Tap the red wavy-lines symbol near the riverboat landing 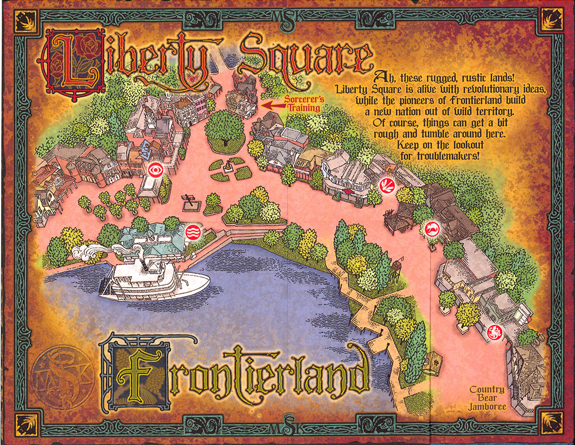193,231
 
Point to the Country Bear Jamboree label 487,398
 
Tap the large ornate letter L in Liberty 71,61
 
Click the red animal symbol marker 432,228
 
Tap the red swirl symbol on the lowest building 495,332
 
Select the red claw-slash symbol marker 387,185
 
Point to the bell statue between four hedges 227,167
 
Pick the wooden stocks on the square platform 190,202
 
